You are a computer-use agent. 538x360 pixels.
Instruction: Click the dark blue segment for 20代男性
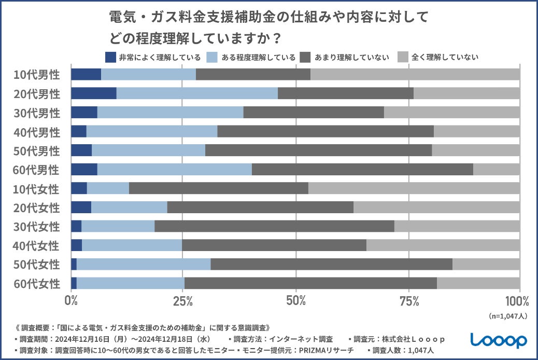click(x=93, y=93)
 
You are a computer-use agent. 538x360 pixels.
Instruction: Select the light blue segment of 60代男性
click(x=174, y=170)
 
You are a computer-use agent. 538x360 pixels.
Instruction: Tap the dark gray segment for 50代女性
click(x=331, y=264)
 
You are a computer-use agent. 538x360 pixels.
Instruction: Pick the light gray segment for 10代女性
click(x=414, y=188)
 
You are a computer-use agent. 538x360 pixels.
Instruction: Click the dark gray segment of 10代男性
click(x=253, y=74)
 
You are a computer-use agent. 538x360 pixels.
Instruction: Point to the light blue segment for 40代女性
click(x=132, y=245)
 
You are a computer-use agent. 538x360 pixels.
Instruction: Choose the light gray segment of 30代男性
click(x=451, y=113)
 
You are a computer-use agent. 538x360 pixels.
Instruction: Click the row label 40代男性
click(x=37, y=132)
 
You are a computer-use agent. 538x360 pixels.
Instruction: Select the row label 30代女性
click(x=37, y=227)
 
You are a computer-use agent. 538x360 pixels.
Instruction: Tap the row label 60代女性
click(x=37, y=284)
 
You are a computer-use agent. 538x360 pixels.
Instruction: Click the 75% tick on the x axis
click(x=409, y=301)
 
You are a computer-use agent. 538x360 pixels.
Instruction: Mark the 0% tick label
click(x=71, y=301)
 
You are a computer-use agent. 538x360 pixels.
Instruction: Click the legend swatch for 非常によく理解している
click(x=110, y=57)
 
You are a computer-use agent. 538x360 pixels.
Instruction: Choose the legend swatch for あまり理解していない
click(x=305, y=57)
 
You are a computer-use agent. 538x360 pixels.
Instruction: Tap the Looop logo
click(x=499, y=340)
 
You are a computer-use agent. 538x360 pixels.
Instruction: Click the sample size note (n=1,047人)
click(x=508, y=316)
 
